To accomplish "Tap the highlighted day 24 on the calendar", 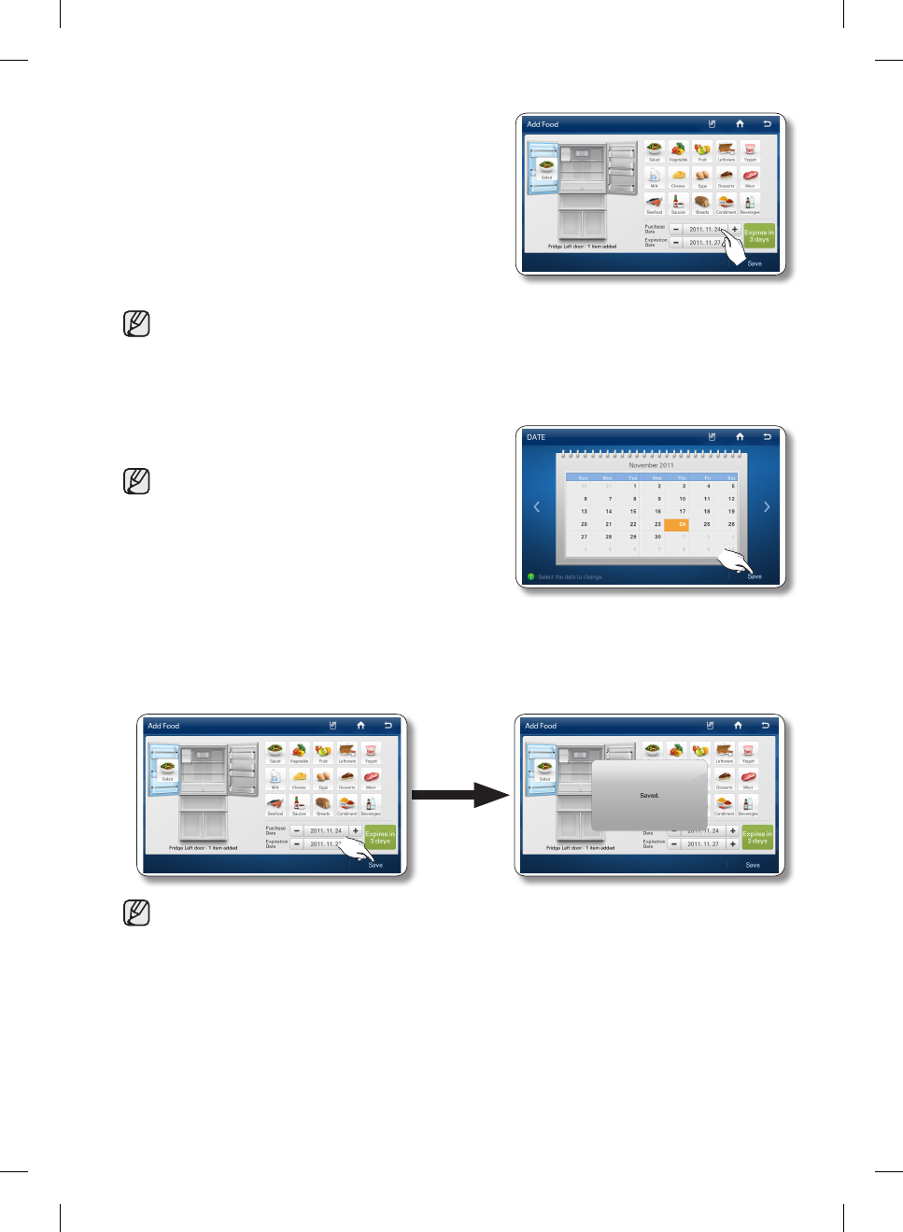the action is click(x=682, y=524).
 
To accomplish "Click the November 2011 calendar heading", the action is click(x=651, y=465).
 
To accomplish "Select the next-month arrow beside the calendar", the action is click(x=767, y=507).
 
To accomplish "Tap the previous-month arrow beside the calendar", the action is click(x=536, y=507).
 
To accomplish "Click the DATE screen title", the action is click(x=536, y=437).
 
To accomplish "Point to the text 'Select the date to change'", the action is click(x=570, y=577).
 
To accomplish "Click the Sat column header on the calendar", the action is click(x=731, y=477).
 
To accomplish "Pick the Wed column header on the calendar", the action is click(x=657, y=477).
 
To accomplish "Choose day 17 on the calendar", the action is click(x=683, y=512).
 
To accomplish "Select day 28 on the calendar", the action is click(x=609, y=537).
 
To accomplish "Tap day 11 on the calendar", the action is click(x=707, y=499).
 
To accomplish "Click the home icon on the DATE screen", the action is click(x=740, y=437).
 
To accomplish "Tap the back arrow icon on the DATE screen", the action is click(x=767, y=437).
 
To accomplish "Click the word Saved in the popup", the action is click(x=649, y=796).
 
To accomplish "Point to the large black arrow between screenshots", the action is click(x=459, y=795).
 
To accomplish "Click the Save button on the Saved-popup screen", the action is click(x=753, y=865).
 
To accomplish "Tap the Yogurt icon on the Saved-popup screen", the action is click(x=748, y=751).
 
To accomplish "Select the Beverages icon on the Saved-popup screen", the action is click(x=748, y=804).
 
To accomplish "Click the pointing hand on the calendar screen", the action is click(x=736, y=563).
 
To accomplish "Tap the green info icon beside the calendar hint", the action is click(x=530, y=577).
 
